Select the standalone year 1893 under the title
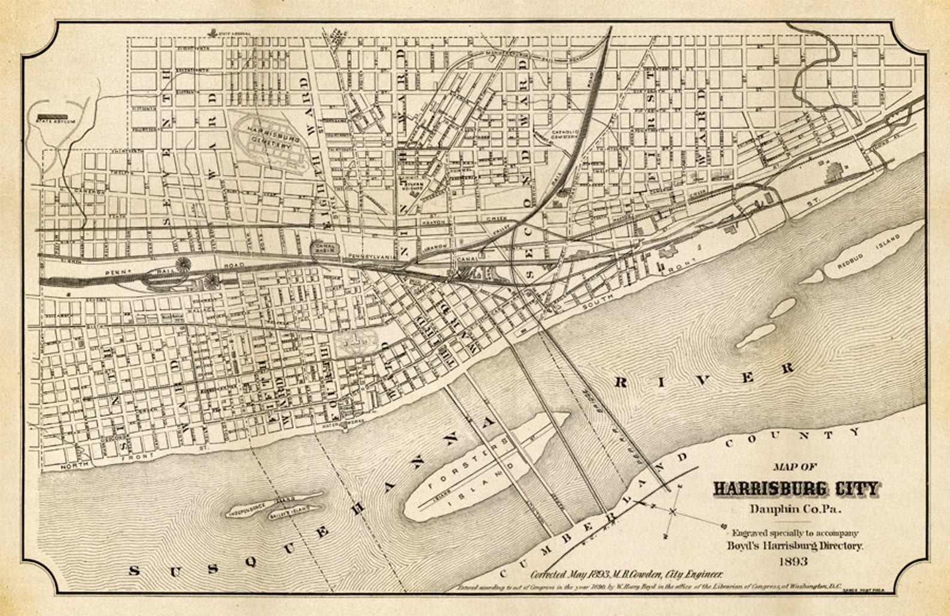(x=793, y=562)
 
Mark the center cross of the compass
(x=673, y=511)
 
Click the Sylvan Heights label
(x=413, y=185)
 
